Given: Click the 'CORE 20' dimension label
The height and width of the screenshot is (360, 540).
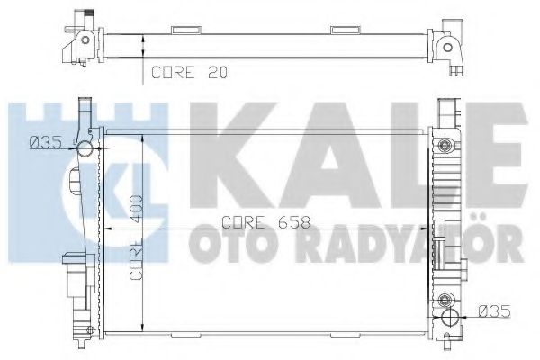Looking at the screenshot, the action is tap(189, 72).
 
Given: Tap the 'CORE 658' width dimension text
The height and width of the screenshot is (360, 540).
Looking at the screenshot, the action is tap(265, 222).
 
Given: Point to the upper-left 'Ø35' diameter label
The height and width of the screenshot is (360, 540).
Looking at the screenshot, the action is tap(46, 142).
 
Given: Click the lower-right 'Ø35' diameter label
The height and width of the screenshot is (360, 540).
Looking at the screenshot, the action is tap(494, 311).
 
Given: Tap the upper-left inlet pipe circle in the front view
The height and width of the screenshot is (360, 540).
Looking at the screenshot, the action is tap(85, 148).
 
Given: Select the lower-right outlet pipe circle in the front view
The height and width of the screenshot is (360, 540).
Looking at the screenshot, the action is tap(450, 317).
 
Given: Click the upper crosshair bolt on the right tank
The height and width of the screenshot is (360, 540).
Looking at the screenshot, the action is tap(445, 145).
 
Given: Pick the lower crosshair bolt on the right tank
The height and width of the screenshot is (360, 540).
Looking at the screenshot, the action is tap(445, 299).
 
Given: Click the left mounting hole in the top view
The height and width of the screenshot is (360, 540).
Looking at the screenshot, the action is tap(85, 40).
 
